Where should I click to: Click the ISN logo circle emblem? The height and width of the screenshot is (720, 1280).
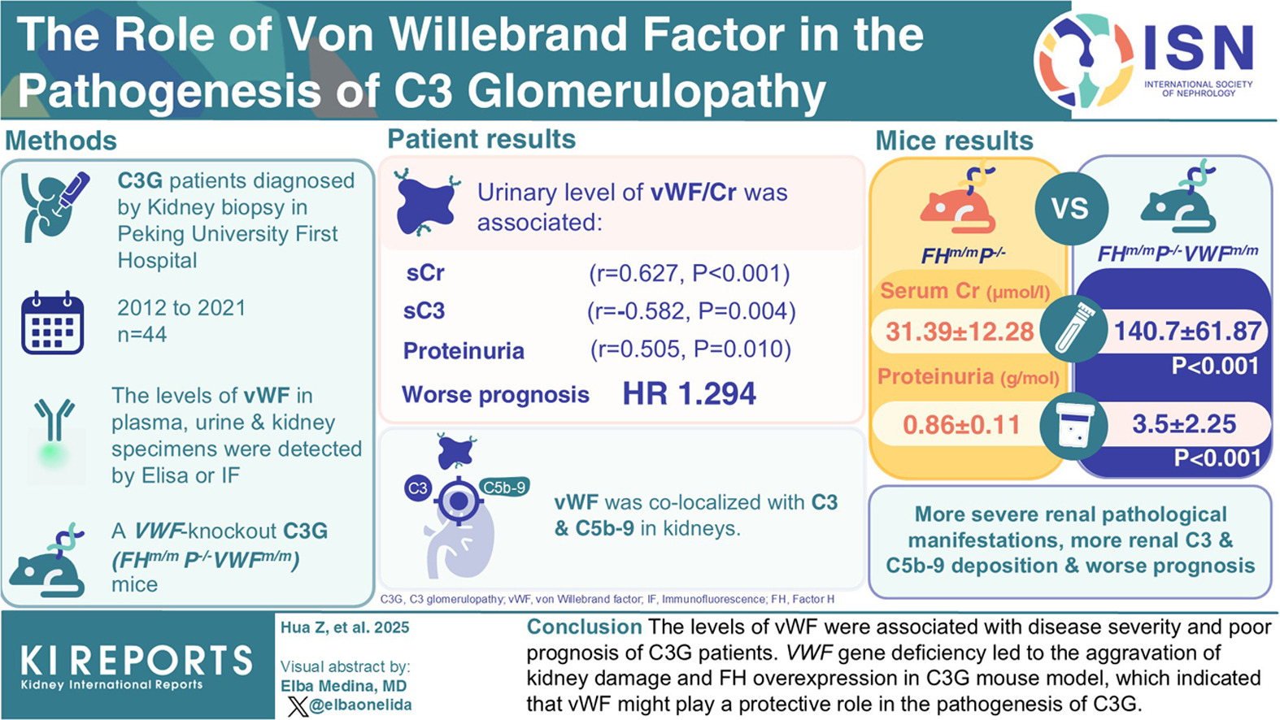[1085, 60]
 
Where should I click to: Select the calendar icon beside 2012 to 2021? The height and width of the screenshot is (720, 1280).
[53, 323]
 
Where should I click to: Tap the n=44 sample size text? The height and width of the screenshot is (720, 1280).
[142, 334]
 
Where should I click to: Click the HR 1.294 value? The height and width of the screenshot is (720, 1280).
[689, 394]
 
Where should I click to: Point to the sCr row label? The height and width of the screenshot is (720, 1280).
[425, 273]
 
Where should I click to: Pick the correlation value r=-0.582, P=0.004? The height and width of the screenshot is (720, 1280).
[691, 310]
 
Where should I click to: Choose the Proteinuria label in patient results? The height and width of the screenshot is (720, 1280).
[464, 351]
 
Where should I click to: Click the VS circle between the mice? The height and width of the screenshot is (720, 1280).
[1069, 208]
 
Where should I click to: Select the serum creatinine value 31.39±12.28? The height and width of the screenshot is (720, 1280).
[960, 332]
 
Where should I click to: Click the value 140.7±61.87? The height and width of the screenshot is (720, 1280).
[1187, 331]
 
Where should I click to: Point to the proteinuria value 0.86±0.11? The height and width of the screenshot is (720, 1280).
[961, 424]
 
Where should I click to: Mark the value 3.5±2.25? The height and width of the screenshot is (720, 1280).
[1184, 423]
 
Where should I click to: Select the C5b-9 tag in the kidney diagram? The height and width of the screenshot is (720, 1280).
[504, 487]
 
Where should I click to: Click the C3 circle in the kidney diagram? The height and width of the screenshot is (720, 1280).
[417, 488]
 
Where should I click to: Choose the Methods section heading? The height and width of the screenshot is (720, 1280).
[61, 141]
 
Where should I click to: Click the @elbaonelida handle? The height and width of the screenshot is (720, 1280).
[360, 705]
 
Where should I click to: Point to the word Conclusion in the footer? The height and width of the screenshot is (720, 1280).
[584, 627]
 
